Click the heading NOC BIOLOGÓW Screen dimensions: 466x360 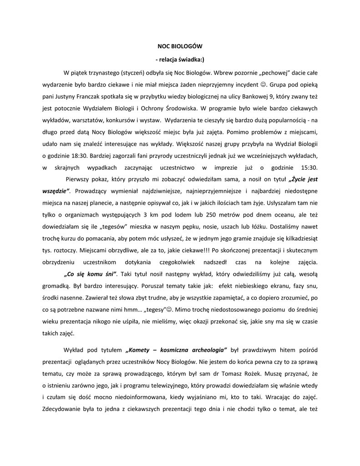tap(180, 46)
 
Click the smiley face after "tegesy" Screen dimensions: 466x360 tap(170, 309)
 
